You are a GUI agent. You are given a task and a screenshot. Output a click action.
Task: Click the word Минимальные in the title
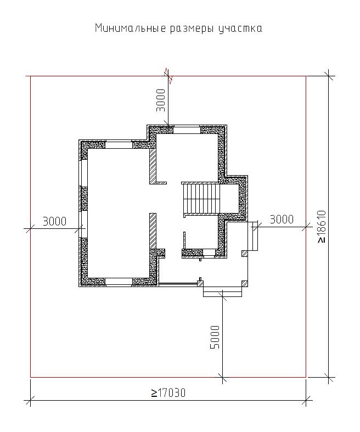coord(131,29)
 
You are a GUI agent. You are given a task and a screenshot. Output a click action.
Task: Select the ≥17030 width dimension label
coord(168,393)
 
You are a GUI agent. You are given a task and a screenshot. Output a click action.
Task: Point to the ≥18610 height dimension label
coord(322,227)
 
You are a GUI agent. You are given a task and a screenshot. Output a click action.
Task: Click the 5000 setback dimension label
coord(215,337)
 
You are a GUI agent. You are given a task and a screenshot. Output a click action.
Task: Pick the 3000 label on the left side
coord(54,221)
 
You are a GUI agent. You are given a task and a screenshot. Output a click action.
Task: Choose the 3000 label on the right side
coord(282,220)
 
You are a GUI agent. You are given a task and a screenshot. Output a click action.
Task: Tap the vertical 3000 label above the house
coord(161,100)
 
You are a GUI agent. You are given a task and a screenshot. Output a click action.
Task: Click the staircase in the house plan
coord(201,198)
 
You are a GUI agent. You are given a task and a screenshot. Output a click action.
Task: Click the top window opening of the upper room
coord(187,130)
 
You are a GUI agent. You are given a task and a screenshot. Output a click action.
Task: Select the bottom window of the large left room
coord(119,282)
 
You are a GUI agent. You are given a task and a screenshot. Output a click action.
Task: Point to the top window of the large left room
coord(119,145)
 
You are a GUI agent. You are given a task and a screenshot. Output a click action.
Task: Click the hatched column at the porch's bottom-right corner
coord(245,284)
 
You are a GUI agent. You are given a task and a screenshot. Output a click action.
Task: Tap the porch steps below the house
coord(223,292)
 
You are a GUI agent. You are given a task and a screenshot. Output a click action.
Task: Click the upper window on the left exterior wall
coord(83,173)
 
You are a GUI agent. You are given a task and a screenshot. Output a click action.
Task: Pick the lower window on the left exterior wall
coord(83,225)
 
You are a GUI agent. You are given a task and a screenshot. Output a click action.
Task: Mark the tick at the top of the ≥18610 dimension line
coord(328,76)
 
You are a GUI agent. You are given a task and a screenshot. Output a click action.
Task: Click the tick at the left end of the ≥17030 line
coord(30,400)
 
